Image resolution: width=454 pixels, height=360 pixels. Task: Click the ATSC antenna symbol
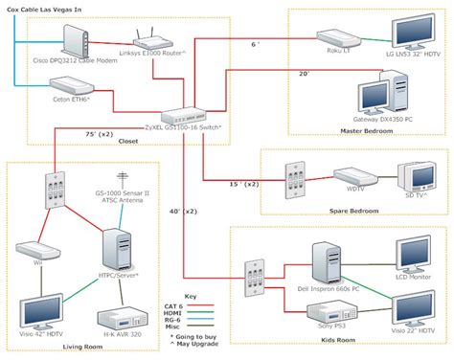(x=122, y=178)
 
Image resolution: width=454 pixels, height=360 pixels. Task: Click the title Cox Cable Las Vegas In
(x=47, y=7)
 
